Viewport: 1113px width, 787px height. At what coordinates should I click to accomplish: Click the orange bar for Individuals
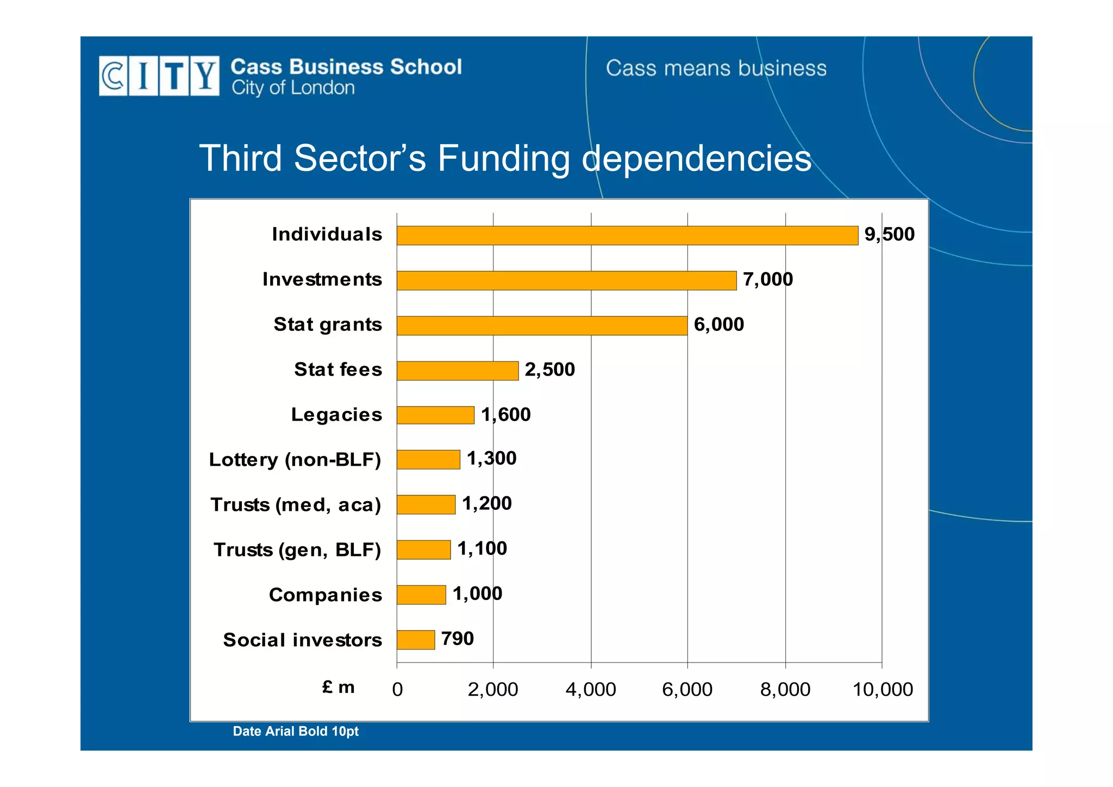(627, 235)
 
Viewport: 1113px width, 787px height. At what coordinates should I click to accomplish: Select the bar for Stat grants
(542, 326)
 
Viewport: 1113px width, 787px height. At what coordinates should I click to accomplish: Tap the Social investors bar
(416, 640)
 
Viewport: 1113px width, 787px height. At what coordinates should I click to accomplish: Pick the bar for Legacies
(435, 415)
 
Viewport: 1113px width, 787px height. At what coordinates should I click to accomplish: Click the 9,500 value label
(889, 234)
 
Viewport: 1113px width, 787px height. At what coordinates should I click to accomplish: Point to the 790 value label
(457, 639)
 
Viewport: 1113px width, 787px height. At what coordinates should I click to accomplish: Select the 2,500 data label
(549, 370)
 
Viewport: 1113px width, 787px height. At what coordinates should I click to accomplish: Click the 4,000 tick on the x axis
(591, 689)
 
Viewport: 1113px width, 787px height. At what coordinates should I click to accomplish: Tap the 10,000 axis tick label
(883, 689)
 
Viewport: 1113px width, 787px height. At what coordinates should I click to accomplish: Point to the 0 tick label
(397, 689)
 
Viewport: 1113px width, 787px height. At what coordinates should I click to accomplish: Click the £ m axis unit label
(338, 688)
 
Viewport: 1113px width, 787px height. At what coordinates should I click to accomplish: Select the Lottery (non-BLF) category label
(295, 460)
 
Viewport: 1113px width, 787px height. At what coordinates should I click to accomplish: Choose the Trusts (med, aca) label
(296, 505)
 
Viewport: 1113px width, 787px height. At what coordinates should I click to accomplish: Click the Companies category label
(326, 595)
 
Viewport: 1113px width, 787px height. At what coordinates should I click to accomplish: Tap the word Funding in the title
(504, 158)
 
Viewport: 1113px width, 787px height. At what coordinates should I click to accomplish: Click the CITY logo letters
(159, 76)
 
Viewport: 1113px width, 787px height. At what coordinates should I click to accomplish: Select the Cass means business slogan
(716, 68)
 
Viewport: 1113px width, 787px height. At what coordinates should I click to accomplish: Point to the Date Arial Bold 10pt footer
(296, 732)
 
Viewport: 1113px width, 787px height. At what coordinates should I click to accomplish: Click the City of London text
(293, 88)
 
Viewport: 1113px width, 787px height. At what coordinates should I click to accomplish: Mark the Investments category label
(322, 279)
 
